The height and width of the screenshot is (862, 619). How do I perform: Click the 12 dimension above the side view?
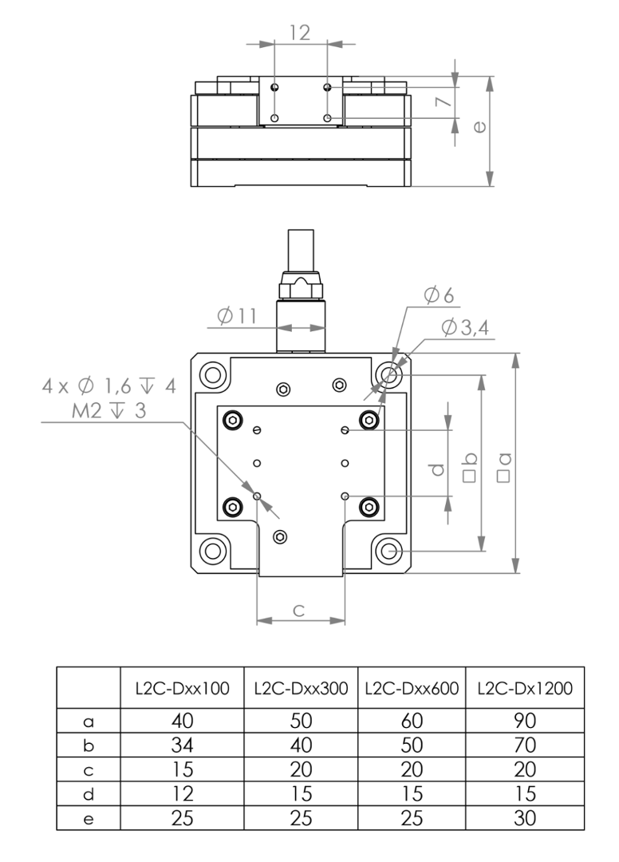(x=300, y=33)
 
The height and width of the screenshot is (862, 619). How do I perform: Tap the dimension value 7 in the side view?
(x=444, y=102)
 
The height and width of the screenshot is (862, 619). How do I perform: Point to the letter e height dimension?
(x=479, y=127)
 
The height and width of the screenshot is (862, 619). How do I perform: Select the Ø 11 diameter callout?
(x=237, y=316)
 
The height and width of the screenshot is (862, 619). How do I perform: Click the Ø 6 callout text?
(x=440, y=295)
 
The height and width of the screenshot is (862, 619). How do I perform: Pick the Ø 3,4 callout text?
(x=465, y=328)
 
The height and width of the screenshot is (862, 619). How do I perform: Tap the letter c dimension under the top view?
(x=299, y=611)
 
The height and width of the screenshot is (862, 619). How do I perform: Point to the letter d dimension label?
(x=437, y=469)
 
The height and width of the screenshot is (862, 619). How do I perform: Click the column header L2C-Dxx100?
(x=183, y=688)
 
